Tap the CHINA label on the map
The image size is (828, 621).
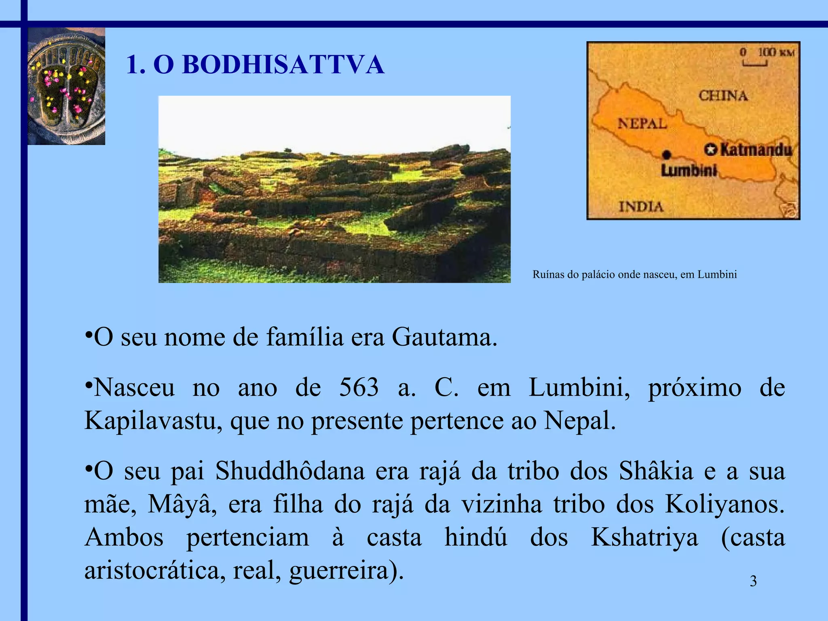[x=723, y=96]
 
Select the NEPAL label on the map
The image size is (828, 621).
[x=642, y=123]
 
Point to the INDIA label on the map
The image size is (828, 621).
[x=641, y=207]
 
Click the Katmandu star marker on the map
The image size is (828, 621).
[x=710, y=150]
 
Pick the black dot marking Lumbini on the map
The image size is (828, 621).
[x=667, y=154]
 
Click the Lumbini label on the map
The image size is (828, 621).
[x=689, y=170]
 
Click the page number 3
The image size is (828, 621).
[x=753, y=581]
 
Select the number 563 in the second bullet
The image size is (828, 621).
[x=359, y=387]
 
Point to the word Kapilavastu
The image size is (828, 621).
[x=153, y=420]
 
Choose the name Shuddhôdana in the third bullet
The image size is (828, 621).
[x=290, y=471]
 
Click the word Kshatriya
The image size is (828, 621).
[x=644, y=538]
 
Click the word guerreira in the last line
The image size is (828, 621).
[x=339, y=571]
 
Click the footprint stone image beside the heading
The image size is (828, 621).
[x=66, y=86]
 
